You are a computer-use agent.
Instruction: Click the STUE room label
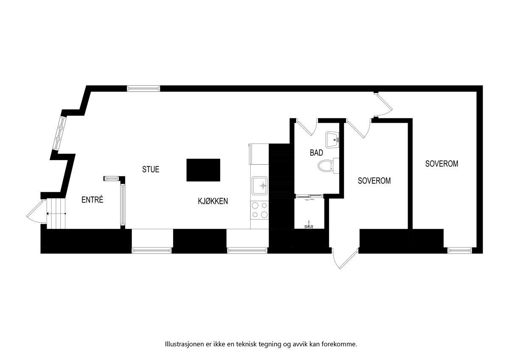(x=151, y=169)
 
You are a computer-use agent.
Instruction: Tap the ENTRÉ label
(x=92, y=200)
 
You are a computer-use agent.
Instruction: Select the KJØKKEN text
(x=213, y=201)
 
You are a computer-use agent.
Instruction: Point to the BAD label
(x=316, y=153)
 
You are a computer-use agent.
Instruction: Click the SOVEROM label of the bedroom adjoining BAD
(x=374, y=180)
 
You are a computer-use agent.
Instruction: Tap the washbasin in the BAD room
(x=333, y=138)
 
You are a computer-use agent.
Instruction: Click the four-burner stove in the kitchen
(x=259, y=210)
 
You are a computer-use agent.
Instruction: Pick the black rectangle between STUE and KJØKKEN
(x=203, y=170)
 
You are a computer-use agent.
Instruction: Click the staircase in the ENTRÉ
(x=57, y=213)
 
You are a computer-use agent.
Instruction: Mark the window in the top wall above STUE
(x=143, y=88)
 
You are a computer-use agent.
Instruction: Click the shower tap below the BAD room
(x=309, y=225)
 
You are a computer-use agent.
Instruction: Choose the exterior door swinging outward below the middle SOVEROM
(x=344, y=259)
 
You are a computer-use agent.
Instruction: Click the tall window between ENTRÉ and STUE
(x=123, y=204)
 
